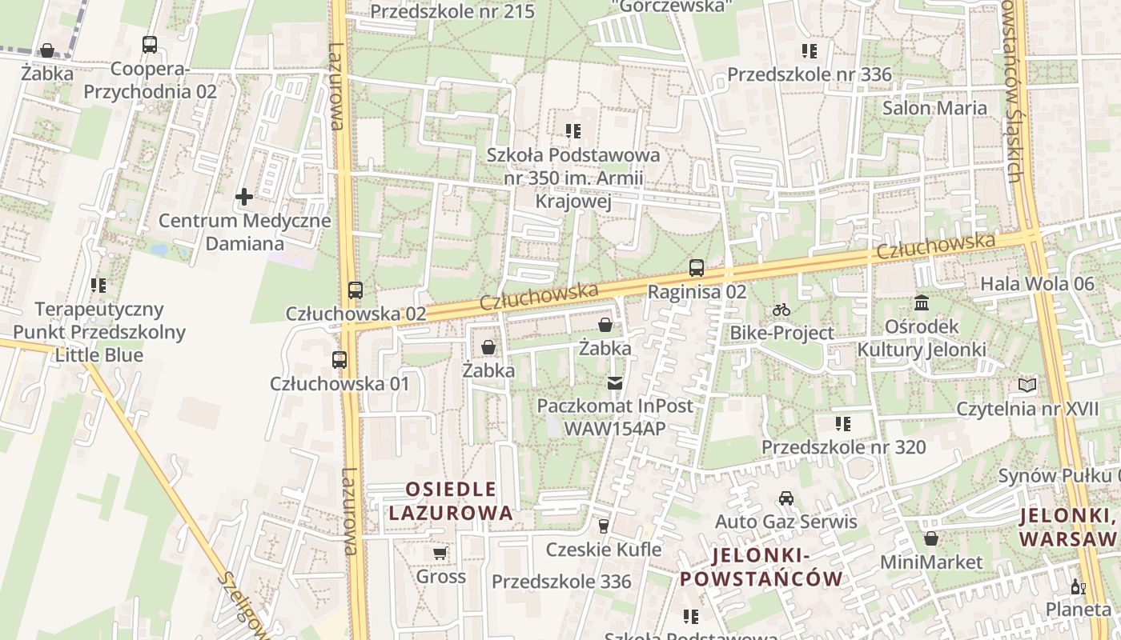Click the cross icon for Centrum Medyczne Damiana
(x=244, y=196)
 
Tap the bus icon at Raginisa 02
(x=697, y=268)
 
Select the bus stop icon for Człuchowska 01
(x=340, y=360)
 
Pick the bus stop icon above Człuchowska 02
(x=356, y=290)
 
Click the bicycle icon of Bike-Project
(x=781, y=310)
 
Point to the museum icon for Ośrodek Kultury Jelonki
(x=922, y=303)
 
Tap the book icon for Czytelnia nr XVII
(x=1027, y=386)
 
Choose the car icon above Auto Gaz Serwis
(x=786, y=498)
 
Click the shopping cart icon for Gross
(x=440, y=553)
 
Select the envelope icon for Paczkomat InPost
(x=615, y=383)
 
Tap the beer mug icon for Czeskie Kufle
(x=604, y=526)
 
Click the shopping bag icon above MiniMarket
(x=930, y=539)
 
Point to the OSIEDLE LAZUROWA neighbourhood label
(x=451, y=501)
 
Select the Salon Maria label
(x=934, y=108)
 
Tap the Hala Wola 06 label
(x=1037, y=283)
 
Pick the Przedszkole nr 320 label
(x=843, y=446)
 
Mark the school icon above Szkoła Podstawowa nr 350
(x=573, y=130)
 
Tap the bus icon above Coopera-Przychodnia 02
(x=150, y=45)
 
